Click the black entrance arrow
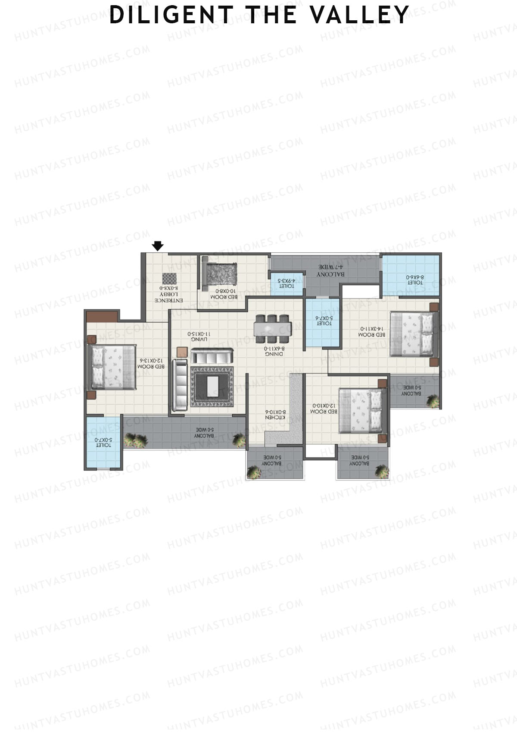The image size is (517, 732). pyautogui.click(x=158, y=246)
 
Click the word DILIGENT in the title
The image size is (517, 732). pyautogui.click(x=171, y=15)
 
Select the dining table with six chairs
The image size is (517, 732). pyautogui.click(x=272, y=326)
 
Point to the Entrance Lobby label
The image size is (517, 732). pyautogui.click(x=169, y=294)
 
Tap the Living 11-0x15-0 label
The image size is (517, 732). pyautogui.click(x=199, y=336)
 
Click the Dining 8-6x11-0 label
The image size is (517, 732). pyautogui.click(x=274, y=351)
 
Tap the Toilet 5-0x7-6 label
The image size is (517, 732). pyautogui.click(x=324, y=320)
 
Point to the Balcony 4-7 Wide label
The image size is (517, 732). pyautogui.click(x=331, y=270)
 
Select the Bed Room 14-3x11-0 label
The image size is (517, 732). pyautogui.click(x=372, y=332)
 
